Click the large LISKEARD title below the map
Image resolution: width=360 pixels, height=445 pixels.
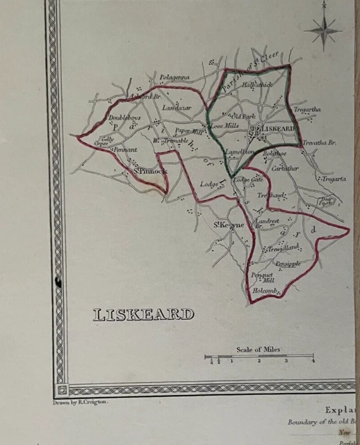(143, 315)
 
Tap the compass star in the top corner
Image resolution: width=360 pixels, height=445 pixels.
(322, 29)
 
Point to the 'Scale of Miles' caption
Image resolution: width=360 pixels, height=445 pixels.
(259, 349)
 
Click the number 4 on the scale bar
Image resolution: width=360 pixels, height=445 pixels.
(313, 361)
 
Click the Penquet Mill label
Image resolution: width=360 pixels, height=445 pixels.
(263, 277)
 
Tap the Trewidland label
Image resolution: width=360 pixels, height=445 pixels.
(284, 248)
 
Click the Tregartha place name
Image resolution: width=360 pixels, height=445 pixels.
(306, 110)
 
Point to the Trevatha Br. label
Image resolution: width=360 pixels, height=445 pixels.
(320, 143)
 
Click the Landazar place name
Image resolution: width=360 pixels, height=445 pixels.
(176, 108)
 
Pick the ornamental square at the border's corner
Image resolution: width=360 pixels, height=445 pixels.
(62, 389)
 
